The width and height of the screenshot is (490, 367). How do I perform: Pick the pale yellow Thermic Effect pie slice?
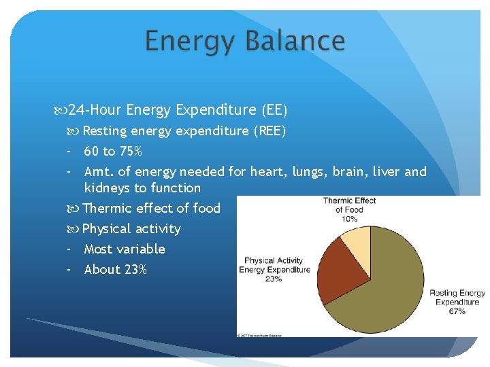click(356, 241)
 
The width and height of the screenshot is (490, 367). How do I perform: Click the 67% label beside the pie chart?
click(457, 311)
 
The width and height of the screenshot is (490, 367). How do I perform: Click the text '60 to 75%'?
click(113, 151)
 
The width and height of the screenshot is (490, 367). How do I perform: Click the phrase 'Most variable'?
click(125, 249)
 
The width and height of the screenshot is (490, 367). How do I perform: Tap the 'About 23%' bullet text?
click(115, 269)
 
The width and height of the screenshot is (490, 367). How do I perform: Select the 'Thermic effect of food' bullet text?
click(151, 208)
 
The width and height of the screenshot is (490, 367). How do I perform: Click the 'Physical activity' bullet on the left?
click(131, 228)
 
